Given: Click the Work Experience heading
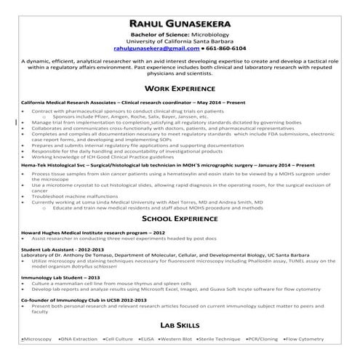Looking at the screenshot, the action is (x=180, y=87).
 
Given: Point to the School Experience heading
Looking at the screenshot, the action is (x=180, y=217).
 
